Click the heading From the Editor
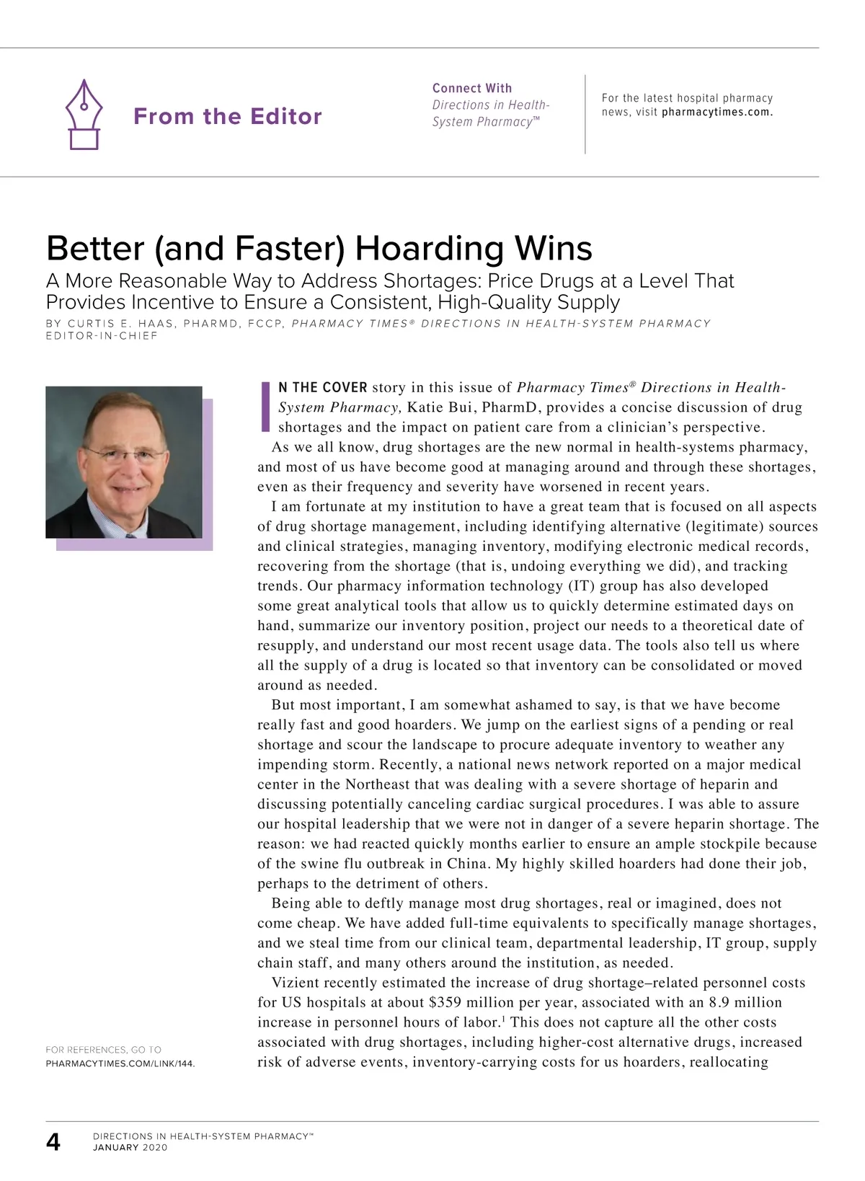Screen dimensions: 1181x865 (227, 116)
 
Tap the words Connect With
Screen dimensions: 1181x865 (472, 88)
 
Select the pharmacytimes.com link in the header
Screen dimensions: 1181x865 (717, 112)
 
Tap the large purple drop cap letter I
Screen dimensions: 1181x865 (265, 406)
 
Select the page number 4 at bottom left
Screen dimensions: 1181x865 (53, 1142)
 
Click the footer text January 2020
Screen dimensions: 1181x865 (130, 1148)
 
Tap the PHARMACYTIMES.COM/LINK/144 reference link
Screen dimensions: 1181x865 (120, 1063)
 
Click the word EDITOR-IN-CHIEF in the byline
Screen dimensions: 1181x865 (102, 336)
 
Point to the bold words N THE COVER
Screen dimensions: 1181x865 (323, 388)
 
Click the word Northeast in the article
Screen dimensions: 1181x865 (378, 784)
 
